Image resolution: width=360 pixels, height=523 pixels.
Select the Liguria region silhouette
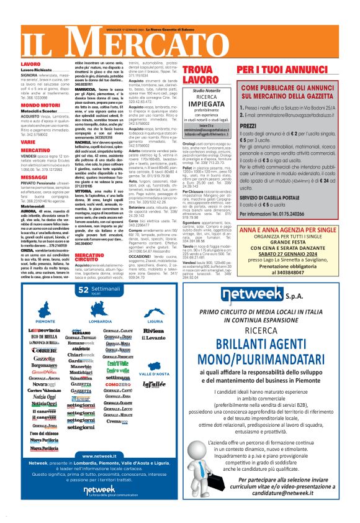pyautogui.click(x=153, y=307)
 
